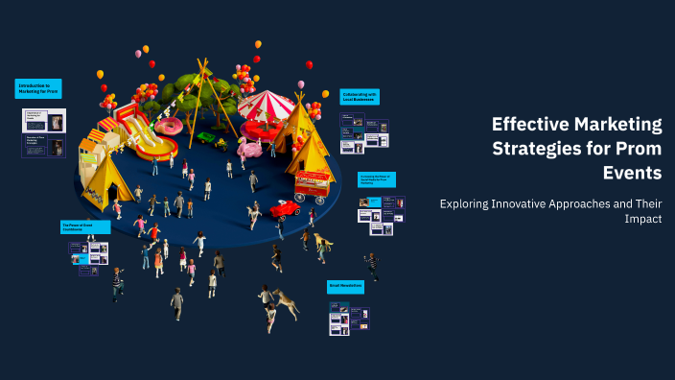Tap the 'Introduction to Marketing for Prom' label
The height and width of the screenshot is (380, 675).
point(38,89)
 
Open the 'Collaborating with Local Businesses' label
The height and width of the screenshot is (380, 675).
point(360,96)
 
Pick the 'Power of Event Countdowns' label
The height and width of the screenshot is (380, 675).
point(84,227)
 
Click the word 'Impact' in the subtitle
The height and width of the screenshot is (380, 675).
point(640,219)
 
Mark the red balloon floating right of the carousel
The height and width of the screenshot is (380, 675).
point(309,65)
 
